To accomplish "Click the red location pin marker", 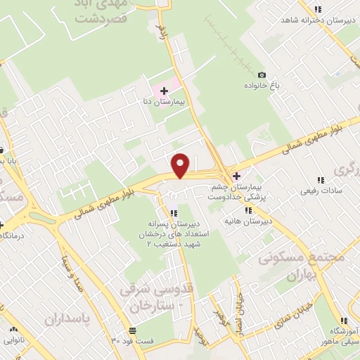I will [x=181, y=165].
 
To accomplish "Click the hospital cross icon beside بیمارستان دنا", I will [x=164, y=91].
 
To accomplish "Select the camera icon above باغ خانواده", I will [x=262, y=75].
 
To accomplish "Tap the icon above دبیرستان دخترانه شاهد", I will [x=318, y=9].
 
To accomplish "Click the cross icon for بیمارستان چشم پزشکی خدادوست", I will [x=236, y=176].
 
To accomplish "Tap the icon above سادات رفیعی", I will [x=321, y=179].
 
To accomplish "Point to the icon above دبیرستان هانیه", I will [x=247, y=210].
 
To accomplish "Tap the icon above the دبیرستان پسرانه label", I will [x=173, y=213].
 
